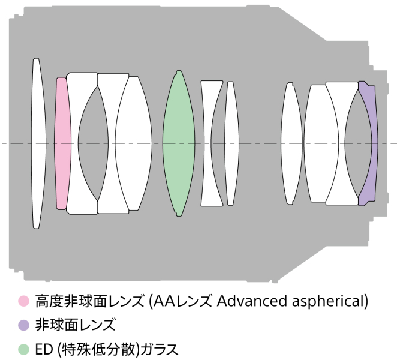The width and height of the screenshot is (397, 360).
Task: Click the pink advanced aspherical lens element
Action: click(x=62, y=143)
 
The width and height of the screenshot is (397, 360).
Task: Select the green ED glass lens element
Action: click(x=178, y=143)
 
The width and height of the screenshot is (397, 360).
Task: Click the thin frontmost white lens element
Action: click(x=37, y=143)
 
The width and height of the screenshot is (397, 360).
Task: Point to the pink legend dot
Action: click(x=23, y=300)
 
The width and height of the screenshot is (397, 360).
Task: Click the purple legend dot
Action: click(x=23, y=325)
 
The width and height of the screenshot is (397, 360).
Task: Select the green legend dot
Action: click(x=23, y=349)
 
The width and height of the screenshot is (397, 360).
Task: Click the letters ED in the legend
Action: click(x=43, y=349)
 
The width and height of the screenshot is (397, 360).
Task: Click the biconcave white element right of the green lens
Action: click(x=212, y=143)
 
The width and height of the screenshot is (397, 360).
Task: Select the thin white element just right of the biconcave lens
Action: click(x=231, y=143)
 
